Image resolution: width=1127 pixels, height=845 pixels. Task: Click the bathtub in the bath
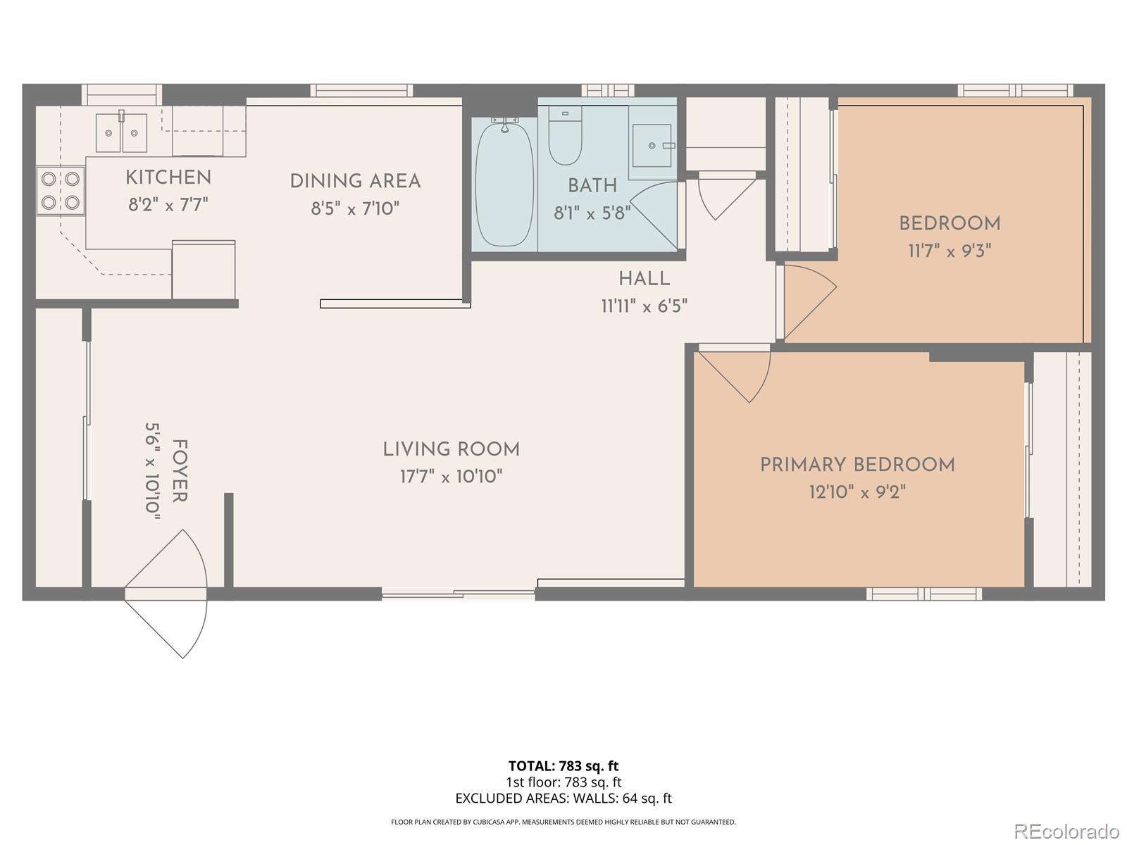(504, 183)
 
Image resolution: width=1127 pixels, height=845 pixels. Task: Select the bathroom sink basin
(652, 145)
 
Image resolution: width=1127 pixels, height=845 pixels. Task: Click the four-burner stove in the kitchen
(61, 191)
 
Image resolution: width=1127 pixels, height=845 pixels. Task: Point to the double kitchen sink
(121, 133)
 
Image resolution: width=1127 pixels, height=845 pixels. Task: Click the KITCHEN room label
(168, 177)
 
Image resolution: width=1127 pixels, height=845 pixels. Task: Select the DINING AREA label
(355, 182)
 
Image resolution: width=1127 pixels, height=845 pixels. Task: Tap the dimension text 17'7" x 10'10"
(451, 477)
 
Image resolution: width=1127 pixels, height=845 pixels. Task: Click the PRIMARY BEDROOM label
(857, 465)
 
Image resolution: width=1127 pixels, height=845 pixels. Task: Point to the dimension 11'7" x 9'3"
(949, 251)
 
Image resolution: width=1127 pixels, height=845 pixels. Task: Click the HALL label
(644, 279)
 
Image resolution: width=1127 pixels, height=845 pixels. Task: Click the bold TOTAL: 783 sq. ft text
(563, 766)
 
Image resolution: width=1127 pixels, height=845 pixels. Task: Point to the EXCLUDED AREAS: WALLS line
(563, 799)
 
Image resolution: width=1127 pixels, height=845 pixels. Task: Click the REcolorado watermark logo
(1068, 831)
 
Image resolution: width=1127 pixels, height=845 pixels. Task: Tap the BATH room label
(592, 186)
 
